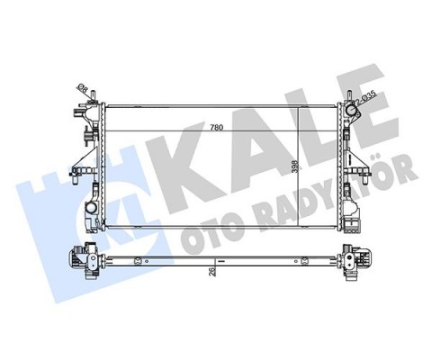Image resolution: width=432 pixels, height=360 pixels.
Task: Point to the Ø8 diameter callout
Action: click(83, 88)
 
